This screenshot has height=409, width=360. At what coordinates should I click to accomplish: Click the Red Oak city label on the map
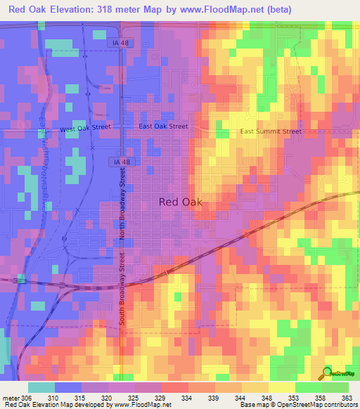click(x=181, y=202)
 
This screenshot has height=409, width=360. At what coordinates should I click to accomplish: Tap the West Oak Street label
click(x=85, y=129)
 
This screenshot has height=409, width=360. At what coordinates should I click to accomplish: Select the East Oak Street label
click(x=163, y=126)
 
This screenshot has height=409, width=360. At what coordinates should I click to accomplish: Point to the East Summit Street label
click(x=270, y=131)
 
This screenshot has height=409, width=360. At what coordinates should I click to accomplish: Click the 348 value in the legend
click(x=266, y=398)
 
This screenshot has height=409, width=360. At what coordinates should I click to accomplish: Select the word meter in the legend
click(x=10, y=398)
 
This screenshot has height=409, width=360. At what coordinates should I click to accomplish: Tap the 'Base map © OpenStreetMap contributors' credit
click(x=297, y=405)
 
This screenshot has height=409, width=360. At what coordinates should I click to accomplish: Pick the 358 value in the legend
click(x=321, y=398)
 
